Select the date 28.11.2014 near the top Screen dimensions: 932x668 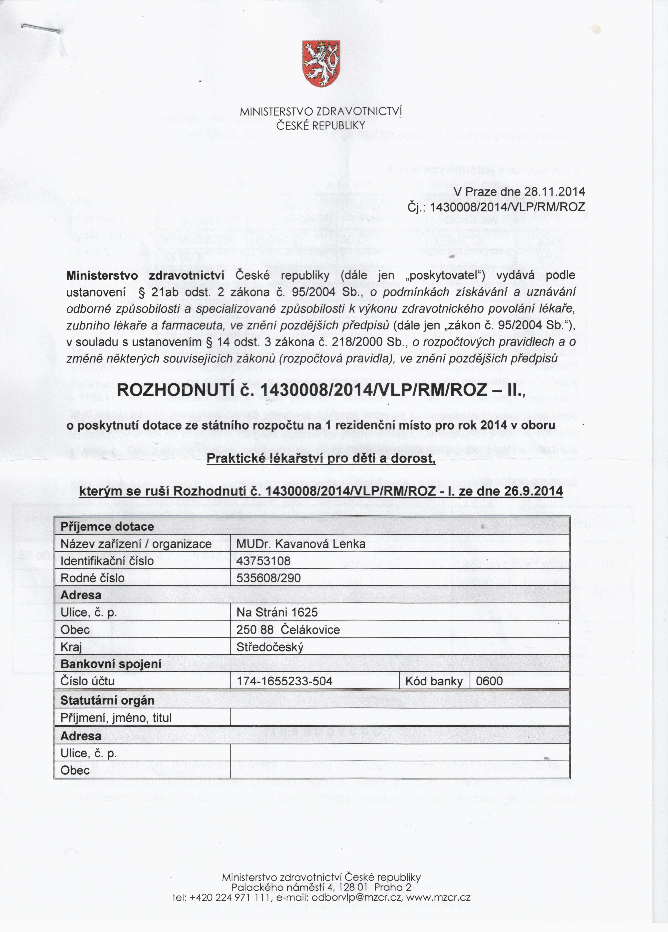[554, 192]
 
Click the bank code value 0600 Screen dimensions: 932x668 [489, 681]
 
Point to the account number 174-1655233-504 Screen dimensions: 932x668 [285, 681]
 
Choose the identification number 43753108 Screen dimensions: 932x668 [264, 561]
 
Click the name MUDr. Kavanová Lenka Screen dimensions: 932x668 [301, 544]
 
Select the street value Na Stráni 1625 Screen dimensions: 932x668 [277, 613]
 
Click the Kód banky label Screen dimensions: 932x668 [434, 681]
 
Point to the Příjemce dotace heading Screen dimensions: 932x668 [107, 527]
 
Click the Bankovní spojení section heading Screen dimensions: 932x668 [111, 664]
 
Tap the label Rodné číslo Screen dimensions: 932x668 [93, 578]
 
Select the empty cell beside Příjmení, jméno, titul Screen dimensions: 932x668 [400, 718]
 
